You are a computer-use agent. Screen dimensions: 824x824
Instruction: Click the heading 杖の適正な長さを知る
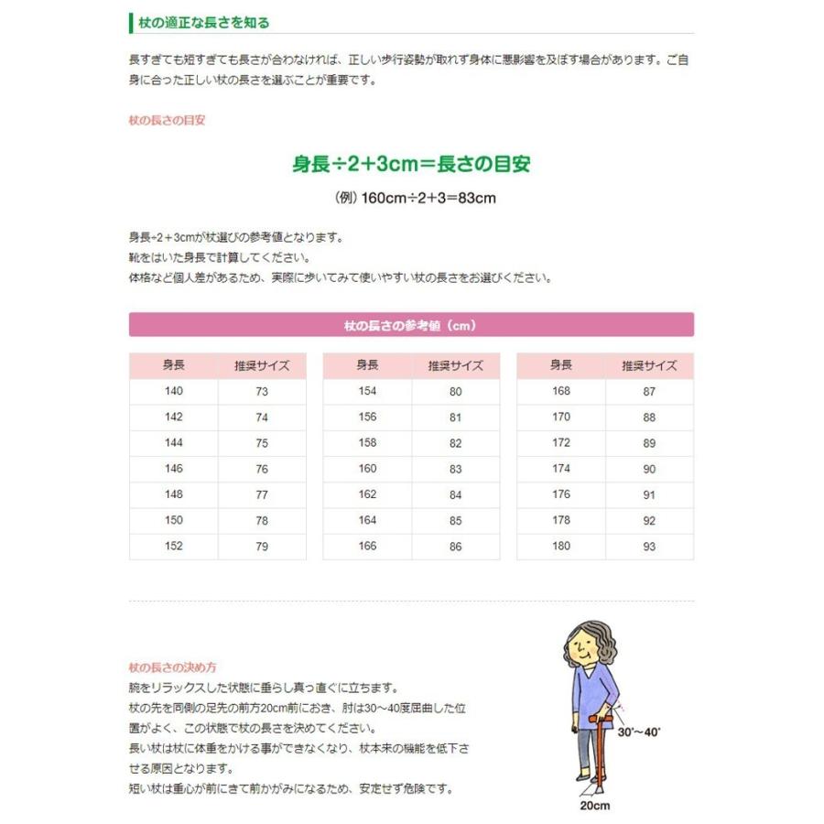pyautogui.click(x=204, y=22)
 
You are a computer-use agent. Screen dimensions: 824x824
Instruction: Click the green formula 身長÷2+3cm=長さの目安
pyautogui.click(x=411, y=165)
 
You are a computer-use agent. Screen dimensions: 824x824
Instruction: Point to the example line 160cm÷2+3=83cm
pyautogui.click(x=416, y=197)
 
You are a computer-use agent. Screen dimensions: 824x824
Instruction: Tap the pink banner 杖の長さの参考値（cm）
pyautogui.click(x=411, y=324)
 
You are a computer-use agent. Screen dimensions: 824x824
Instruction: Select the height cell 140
pyautogui.click(x=173, y=392)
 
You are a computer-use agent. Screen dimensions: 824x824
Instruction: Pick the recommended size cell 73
pyautogui.click(x=262, y=392)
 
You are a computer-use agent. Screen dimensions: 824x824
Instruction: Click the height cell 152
pyautogui.click(x=173, y=547)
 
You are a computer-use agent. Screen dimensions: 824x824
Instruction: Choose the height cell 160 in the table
pyautogui.click(x=367, y=469)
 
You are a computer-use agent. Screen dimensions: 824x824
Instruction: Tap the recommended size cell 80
pyautogui.click(x=455, y=392)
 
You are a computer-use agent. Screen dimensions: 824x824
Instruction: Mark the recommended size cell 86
pyautogui.click(x=455, y=547)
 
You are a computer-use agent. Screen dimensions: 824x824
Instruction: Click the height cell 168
pyautogui.click(x=561, y=392)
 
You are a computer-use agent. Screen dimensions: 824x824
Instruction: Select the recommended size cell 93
pyautogui.click(x=649, y=547)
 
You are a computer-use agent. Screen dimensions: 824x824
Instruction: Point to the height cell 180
pyautogui.click(x=561, y=547)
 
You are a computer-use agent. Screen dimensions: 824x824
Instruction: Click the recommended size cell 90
pyautogui.click(x=649, y=469)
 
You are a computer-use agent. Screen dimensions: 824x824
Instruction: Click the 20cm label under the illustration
pyautogui.click(x=593, y=806)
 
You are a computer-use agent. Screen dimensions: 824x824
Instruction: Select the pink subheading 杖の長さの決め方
pyautogui.click(x=173, y=667)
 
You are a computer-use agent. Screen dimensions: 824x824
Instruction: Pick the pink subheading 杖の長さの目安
pyautogui.click(x=167, y=120)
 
